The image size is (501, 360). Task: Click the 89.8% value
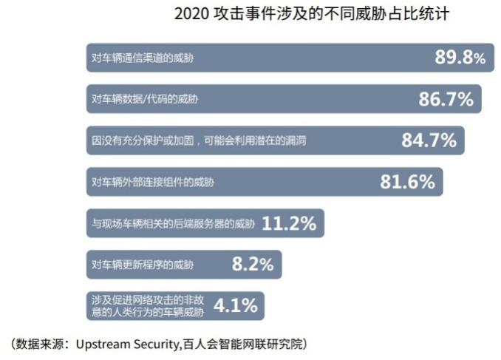click(460, 58)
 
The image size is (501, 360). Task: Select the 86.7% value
click(446, 99)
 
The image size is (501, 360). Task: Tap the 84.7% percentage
click(429, 140)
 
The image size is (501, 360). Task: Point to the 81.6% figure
click(407, 182)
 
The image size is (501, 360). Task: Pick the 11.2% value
click(289, 223)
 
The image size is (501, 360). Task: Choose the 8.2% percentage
click(253, 264)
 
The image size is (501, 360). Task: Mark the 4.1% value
click(236, 305)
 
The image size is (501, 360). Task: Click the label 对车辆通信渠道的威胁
click(143, 58)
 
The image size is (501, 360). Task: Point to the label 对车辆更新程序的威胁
click(143, 264)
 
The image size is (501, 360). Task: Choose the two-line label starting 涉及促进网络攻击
click(148, 305)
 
